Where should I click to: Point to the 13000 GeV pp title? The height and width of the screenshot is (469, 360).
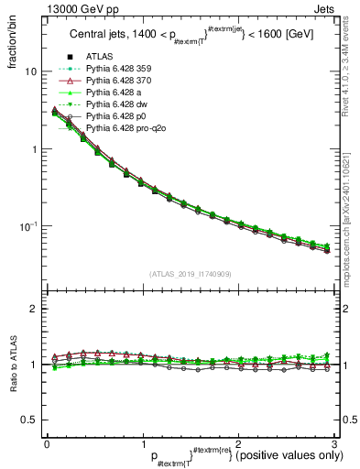(46, 8)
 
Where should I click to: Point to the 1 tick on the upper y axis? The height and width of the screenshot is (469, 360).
(35, 148)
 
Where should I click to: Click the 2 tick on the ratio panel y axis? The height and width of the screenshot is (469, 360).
(35, 309)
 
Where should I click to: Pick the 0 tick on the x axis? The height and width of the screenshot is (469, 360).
(47, 445)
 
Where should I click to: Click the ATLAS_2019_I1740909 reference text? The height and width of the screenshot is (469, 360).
(191, 274)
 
